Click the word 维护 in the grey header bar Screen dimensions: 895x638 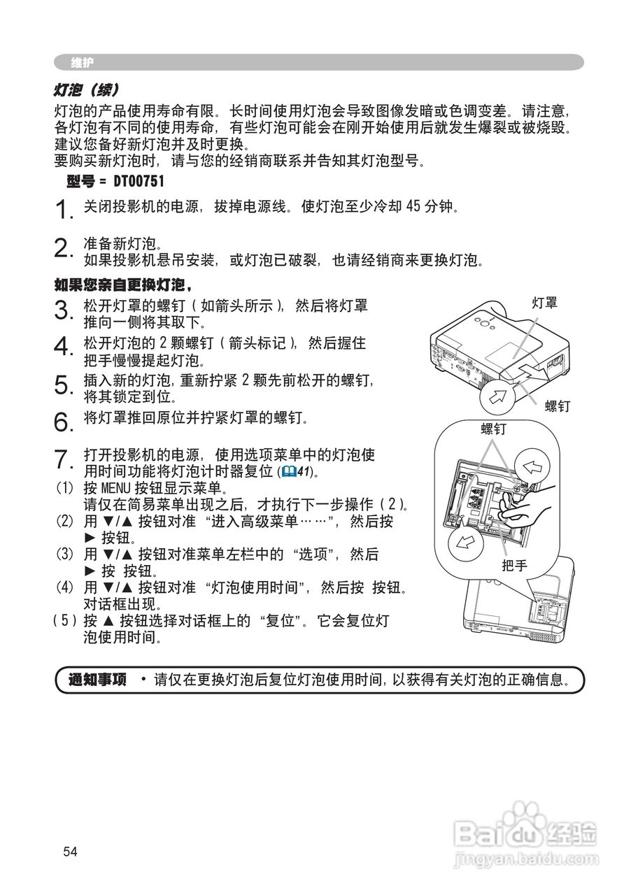click(82, 63)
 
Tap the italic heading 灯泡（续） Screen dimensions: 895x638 click(87, 91)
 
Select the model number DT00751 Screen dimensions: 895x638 click(138, 182)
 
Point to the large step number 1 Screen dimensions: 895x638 click(63, 209)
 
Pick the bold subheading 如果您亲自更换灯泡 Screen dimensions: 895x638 click(122, 285)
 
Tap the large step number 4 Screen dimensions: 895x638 click(63, 346)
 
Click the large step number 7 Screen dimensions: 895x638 click(63, 460)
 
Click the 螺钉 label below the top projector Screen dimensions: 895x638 click(558, 406)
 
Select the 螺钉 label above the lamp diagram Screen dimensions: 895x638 click(494, 429)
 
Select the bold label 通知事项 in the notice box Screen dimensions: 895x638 click(98, 679)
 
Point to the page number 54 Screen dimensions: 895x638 click(70, 852)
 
